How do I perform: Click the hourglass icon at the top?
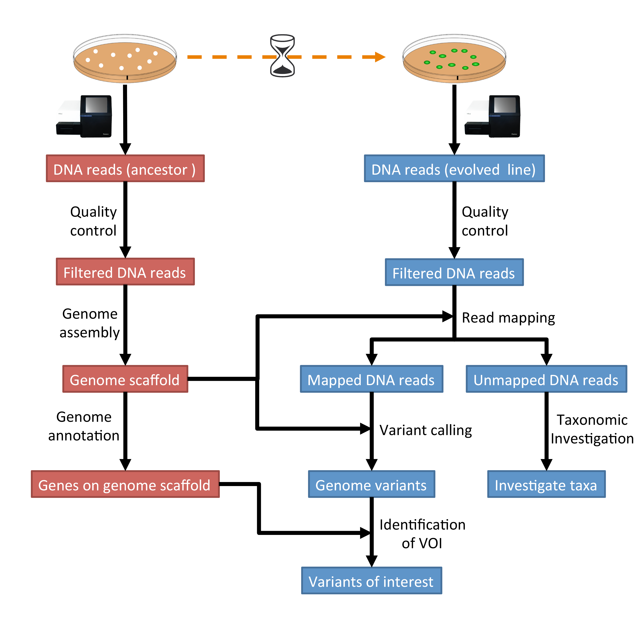[282, 56]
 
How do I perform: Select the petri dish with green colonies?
[454, 58]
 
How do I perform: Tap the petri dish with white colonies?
[125, 58]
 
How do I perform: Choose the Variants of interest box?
[371, 581]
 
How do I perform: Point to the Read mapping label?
[508, 318]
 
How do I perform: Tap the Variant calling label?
[425, 430]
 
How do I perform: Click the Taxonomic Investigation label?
[592, 429]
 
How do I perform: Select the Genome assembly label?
[90, 323]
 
